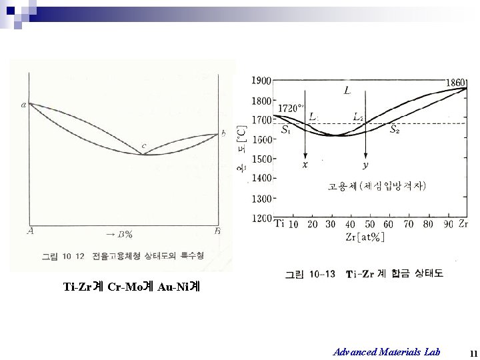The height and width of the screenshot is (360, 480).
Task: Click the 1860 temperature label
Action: click(457, 81)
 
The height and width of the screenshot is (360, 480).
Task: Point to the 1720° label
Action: click(291, 107)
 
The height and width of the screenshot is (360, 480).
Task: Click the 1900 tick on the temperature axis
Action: click(261, 81)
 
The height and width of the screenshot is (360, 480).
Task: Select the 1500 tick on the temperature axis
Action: click(261, 159)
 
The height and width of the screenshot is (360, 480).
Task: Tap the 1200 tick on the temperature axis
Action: click(261, 218)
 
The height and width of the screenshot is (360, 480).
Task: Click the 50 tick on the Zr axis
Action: click(370, 225)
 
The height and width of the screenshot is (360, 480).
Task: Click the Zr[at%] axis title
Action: click(365, 237)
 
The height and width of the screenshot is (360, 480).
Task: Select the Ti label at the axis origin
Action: click(280, 224)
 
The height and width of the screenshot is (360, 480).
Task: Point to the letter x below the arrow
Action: click(305, 165)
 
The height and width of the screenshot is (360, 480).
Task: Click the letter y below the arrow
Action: click(365, 165)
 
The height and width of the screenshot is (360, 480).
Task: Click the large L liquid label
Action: click(347, 90)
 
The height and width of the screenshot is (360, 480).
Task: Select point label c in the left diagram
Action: click(143, 146)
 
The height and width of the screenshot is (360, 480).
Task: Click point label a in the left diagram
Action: click(24, 105)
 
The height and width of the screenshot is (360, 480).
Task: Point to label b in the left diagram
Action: click(223, 133)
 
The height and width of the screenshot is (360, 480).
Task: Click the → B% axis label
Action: click(119, 233)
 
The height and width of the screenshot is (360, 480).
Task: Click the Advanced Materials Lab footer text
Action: click(387, 351)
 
